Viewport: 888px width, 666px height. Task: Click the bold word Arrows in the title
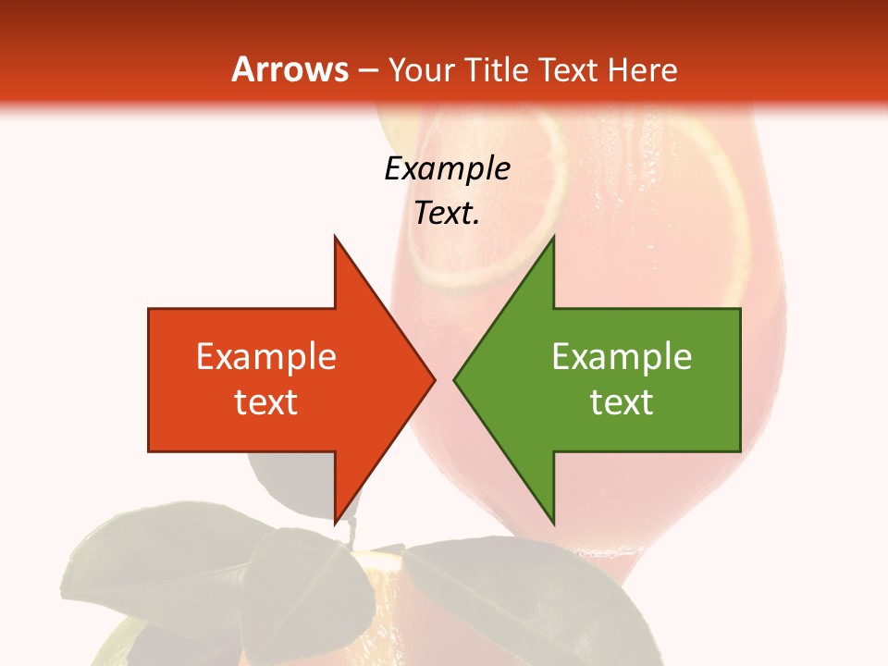click(x=290, y=69)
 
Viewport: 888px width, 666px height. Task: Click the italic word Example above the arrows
click(x=448, y=168)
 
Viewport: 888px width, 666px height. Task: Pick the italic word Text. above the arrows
click(x=448, y=213)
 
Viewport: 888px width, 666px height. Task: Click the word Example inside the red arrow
click(x=266, y=356)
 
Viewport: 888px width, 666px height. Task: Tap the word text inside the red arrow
click(x=266, y=402)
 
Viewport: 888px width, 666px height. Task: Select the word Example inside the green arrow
click(x=622, y=356)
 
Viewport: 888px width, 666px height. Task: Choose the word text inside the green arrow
click(x=622, y=402)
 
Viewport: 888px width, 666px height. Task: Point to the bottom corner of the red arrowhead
click(x=336, y=522)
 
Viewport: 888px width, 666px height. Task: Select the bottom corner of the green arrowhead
click(x=552, y=522)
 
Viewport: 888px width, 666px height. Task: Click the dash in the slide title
click(x=367, y=69)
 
